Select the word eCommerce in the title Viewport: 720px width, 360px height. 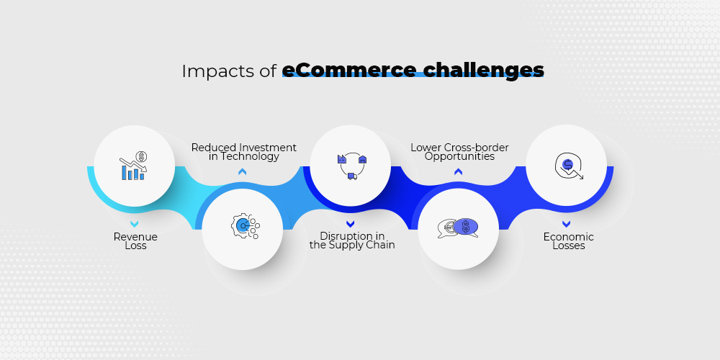click(x=349, y=71)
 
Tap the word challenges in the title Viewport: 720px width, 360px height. click(x=484, y=71)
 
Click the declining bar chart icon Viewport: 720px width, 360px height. click(x=133, y=166)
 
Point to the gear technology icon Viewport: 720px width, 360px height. click(x=245, y=225)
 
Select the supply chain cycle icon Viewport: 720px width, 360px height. click(x=353, y=167)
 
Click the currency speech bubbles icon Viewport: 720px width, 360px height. click(x=458, y=228)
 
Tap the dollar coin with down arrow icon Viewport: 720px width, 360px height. click(x=569, y=166)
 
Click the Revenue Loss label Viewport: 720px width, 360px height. click(x=135, y=241)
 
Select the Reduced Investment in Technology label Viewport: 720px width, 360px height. click(x=244, y=152)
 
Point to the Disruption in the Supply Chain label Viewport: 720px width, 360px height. click(x=352, y=240)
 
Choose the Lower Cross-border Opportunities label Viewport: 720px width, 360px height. click(x=459, y=152)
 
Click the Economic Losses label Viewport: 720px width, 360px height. click(x=569, y=241)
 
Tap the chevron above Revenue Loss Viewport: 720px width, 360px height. click(x=134, y=224)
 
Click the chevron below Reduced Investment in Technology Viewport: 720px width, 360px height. click(x=243, y=172)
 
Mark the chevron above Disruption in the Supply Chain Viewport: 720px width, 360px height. click(x=351, y=224)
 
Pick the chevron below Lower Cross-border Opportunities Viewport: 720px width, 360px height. click(x=458, y=172)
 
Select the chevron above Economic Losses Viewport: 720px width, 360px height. click(x=566, y=224)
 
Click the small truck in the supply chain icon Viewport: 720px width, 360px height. click(x=352, y=176)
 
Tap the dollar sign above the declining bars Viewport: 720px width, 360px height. click(x=141, y=157)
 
